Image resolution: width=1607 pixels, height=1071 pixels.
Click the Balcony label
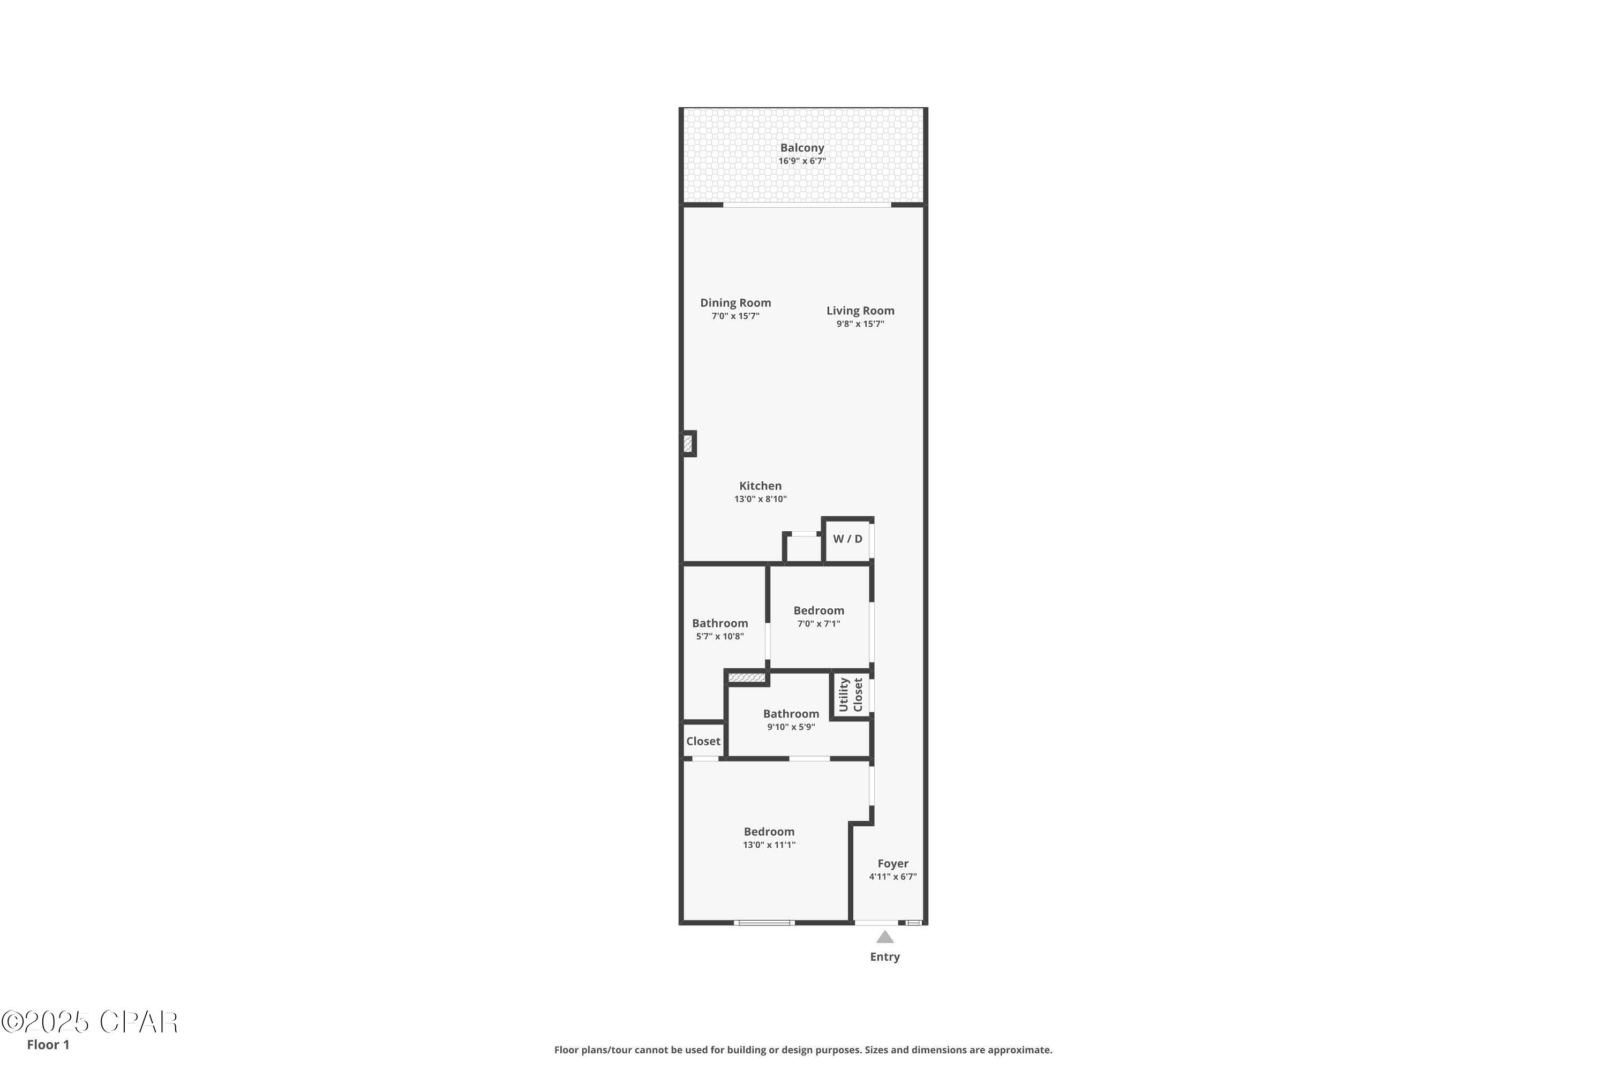click(x=802, y=148)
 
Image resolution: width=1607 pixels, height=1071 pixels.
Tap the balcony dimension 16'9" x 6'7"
click(x=802, y=161)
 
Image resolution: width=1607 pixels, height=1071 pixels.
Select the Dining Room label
click(x=735, y=303)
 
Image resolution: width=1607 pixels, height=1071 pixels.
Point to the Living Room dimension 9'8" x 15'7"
click(x=860, y=324)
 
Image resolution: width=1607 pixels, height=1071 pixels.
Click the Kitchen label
click(x=760, y=486)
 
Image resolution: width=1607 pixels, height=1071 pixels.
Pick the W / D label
click(x=847, y=539)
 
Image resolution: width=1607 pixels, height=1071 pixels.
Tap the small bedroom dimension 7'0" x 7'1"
click(x=818, y=624)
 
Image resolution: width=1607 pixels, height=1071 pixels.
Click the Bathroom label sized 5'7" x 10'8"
click(x=719, y=623)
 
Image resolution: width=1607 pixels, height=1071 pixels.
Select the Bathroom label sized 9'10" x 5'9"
click(x=791, y=714)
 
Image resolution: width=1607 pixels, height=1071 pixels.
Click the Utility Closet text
click(x=851, y=695)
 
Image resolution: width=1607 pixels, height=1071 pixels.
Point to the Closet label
click(x=703, y=741)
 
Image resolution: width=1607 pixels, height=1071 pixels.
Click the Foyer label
click(x=892, y=863)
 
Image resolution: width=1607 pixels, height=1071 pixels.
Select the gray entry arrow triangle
click(x=885, y=937)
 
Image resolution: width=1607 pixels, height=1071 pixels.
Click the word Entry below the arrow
click(x=885, y=957)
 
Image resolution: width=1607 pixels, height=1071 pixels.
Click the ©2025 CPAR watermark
click(x=89, y=1022)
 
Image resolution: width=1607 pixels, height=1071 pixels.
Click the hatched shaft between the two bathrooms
click(x=746, y=677)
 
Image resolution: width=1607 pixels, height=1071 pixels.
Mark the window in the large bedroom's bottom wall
click(x=764, y=923)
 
